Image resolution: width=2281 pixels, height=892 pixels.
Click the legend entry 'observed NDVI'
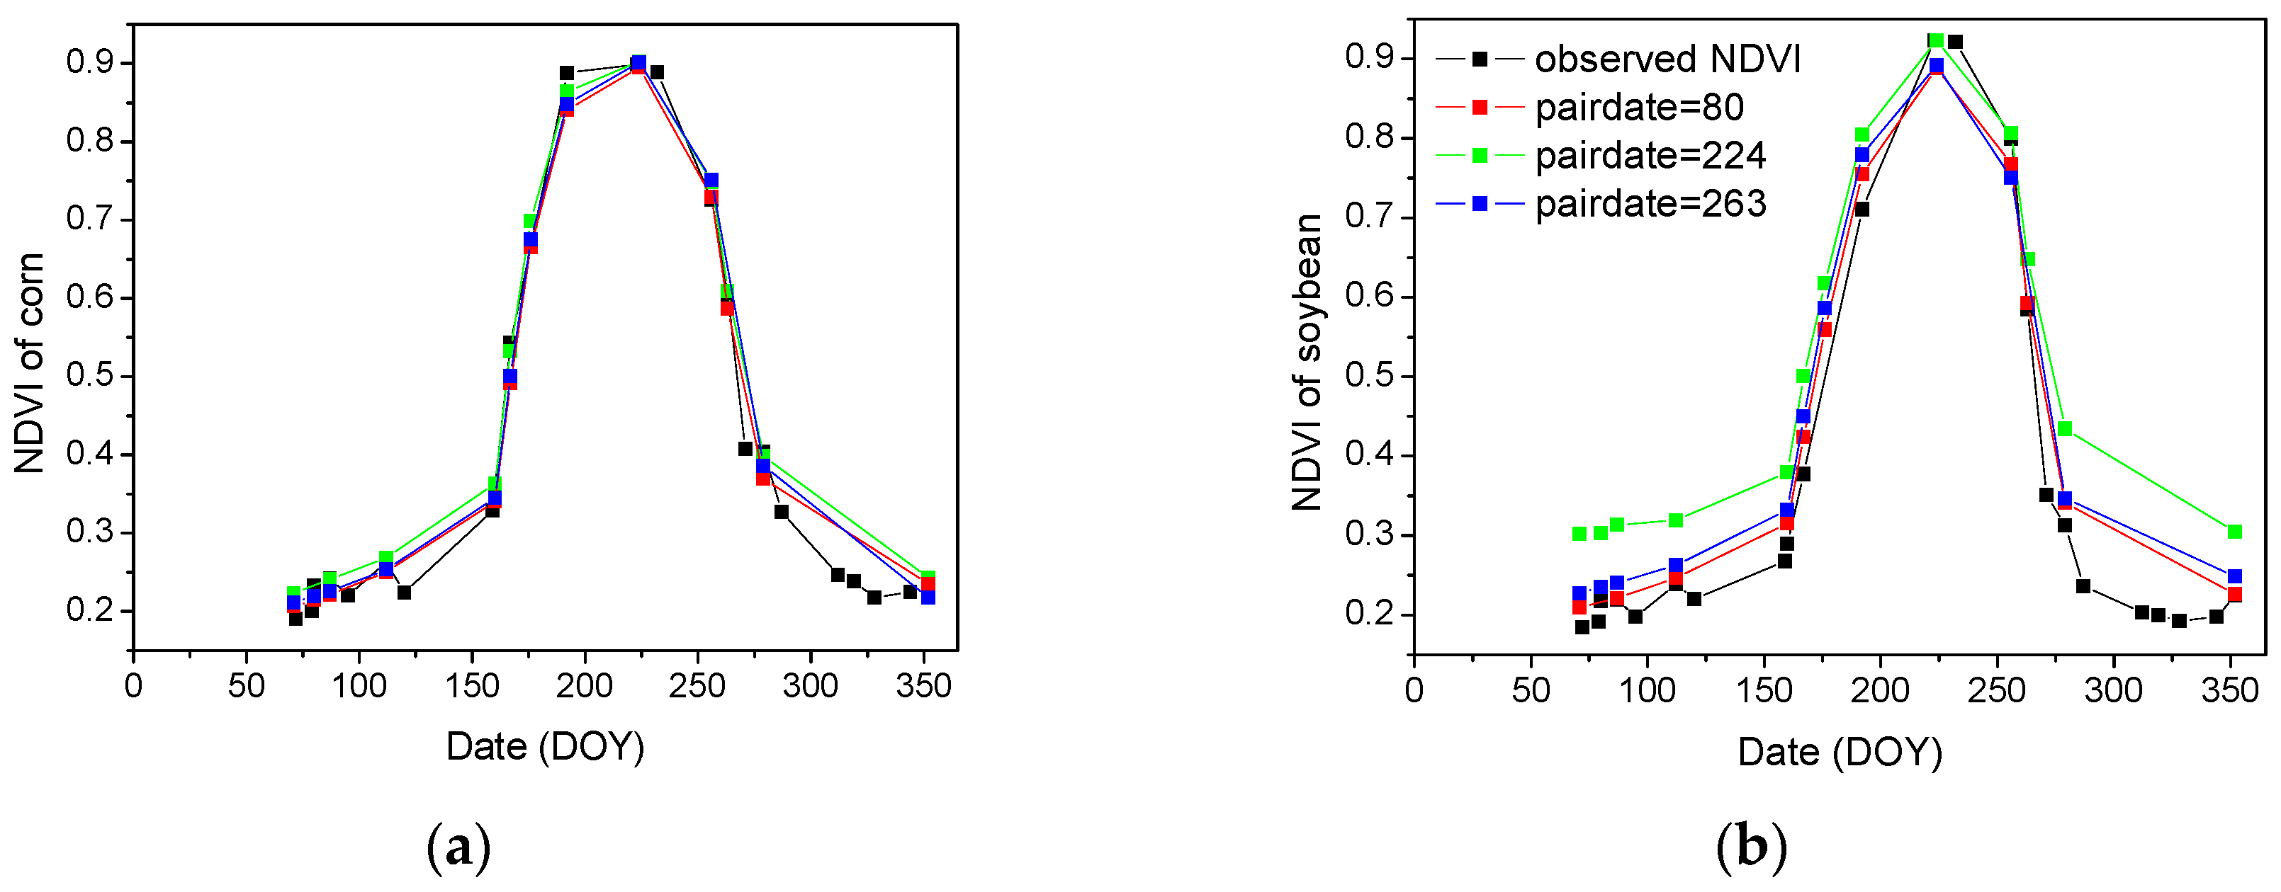(x=1667, y=59)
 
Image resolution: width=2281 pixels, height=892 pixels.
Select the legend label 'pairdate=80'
(x=1639, y=107)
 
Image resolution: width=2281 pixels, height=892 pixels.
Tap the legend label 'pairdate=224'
(x=1650, y=156)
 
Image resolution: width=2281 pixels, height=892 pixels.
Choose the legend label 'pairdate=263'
(x=1650, y=204)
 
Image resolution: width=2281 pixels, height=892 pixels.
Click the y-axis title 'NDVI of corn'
(x=30, y=362)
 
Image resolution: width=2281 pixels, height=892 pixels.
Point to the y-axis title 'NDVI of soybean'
(x=1307, y=362)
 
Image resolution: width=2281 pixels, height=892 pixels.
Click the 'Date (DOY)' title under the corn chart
(x=545, y=746)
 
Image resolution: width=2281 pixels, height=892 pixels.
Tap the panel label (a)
(x=458, y=847)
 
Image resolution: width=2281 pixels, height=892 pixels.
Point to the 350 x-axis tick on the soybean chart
(x=2230, y=690)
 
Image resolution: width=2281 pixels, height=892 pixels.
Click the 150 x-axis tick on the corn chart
(x=472, y=686)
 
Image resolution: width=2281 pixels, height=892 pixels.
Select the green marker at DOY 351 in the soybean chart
(x=2234, y=532)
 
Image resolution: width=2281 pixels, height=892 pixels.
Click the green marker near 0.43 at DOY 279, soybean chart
(x=2065, y=428)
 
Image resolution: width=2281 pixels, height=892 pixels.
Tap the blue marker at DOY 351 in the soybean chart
(x=2234, y=576)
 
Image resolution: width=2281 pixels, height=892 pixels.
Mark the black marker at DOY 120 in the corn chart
(x=404, y=592)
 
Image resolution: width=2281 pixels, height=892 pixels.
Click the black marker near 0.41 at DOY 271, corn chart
(x=745, y=449)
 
